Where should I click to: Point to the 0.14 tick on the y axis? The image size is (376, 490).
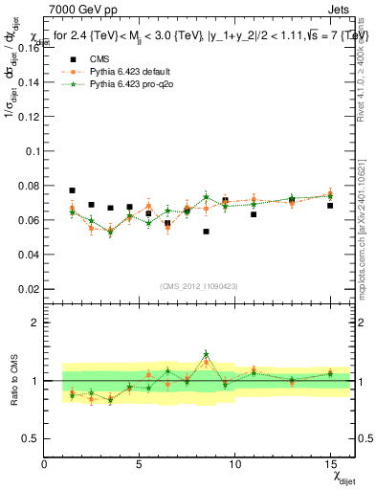pyautogui.click(x=29, y=82)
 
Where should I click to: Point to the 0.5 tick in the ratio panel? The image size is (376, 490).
pyautogui.click(x=32, y=438)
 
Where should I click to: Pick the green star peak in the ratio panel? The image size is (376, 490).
pyautogui.click(x=206, y=354)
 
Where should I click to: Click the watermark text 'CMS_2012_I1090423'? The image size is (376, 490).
pyautogui.click(x=199, y=286)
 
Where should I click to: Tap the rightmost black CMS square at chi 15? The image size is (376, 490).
pyautogui.click(x=330, y=206)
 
